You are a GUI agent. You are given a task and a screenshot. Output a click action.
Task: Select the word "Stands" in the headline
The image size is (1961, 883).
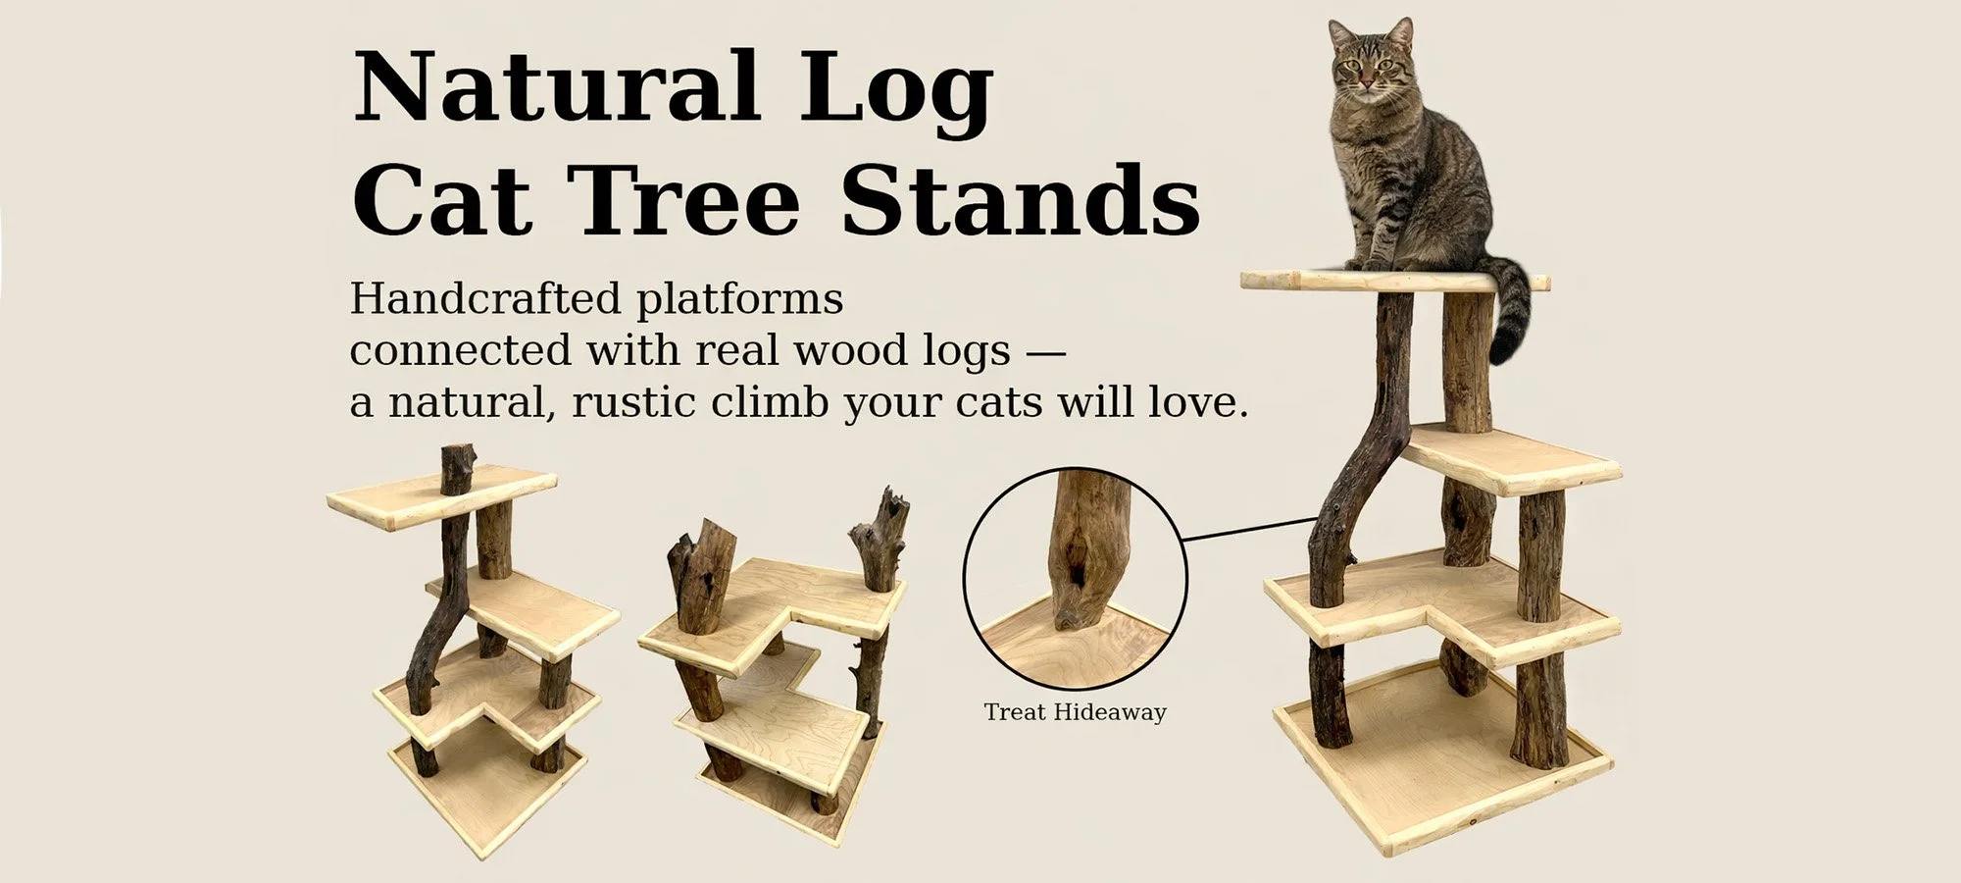click(x=1021, y=202)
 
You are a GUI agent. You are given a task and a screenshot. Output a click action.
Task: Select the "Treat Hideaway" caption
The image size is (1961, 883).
click(x=1075, y=712)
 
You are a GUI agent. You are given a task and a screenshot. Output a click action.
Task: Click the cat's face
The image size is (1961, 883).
click(x=1370, y=64)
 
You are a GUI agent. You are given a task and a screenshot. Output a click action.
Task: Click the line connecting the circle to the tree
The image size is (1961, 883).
click(x=1250, y=529)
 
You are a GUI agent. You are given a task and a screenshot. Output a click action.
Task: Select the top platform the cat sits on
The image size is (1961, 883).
click(x=1304, y=282)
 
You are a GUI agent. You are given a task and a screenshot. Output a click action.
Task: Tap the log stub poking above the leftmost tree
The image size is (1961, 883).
click(x=456, y=468)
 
